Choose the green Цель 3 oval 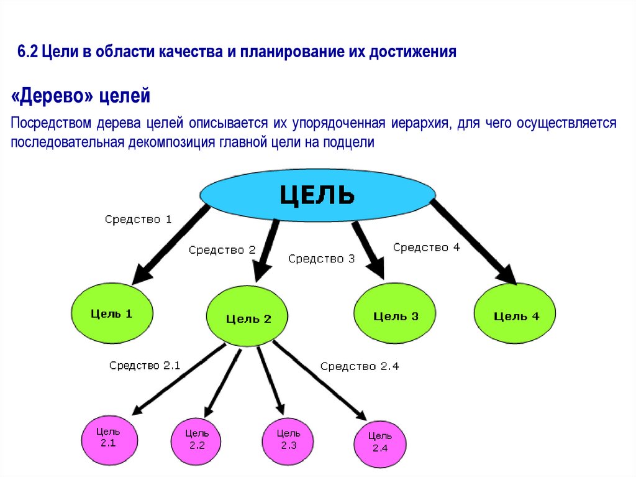(x=395, y=315)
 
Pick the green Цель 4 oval (x=516, y=316)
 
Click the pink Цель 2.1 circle (x=108, y=438)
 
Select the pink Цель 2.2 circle (x=197, y=441)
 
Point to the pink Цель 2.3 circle (x=289, y=440)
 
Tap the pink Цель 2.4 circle (x=379, y=442)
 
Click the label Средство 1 (x=138, y=219)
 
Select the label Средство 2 (x=222, y=250)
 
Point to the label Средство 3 (x=321, y=259)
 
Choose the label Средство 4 (x=426, y=248)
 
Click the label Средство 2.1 (x=144, y=366)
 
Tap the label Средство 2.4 (x=359, y=366)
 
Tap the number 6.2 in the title (x=29, y=52)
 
